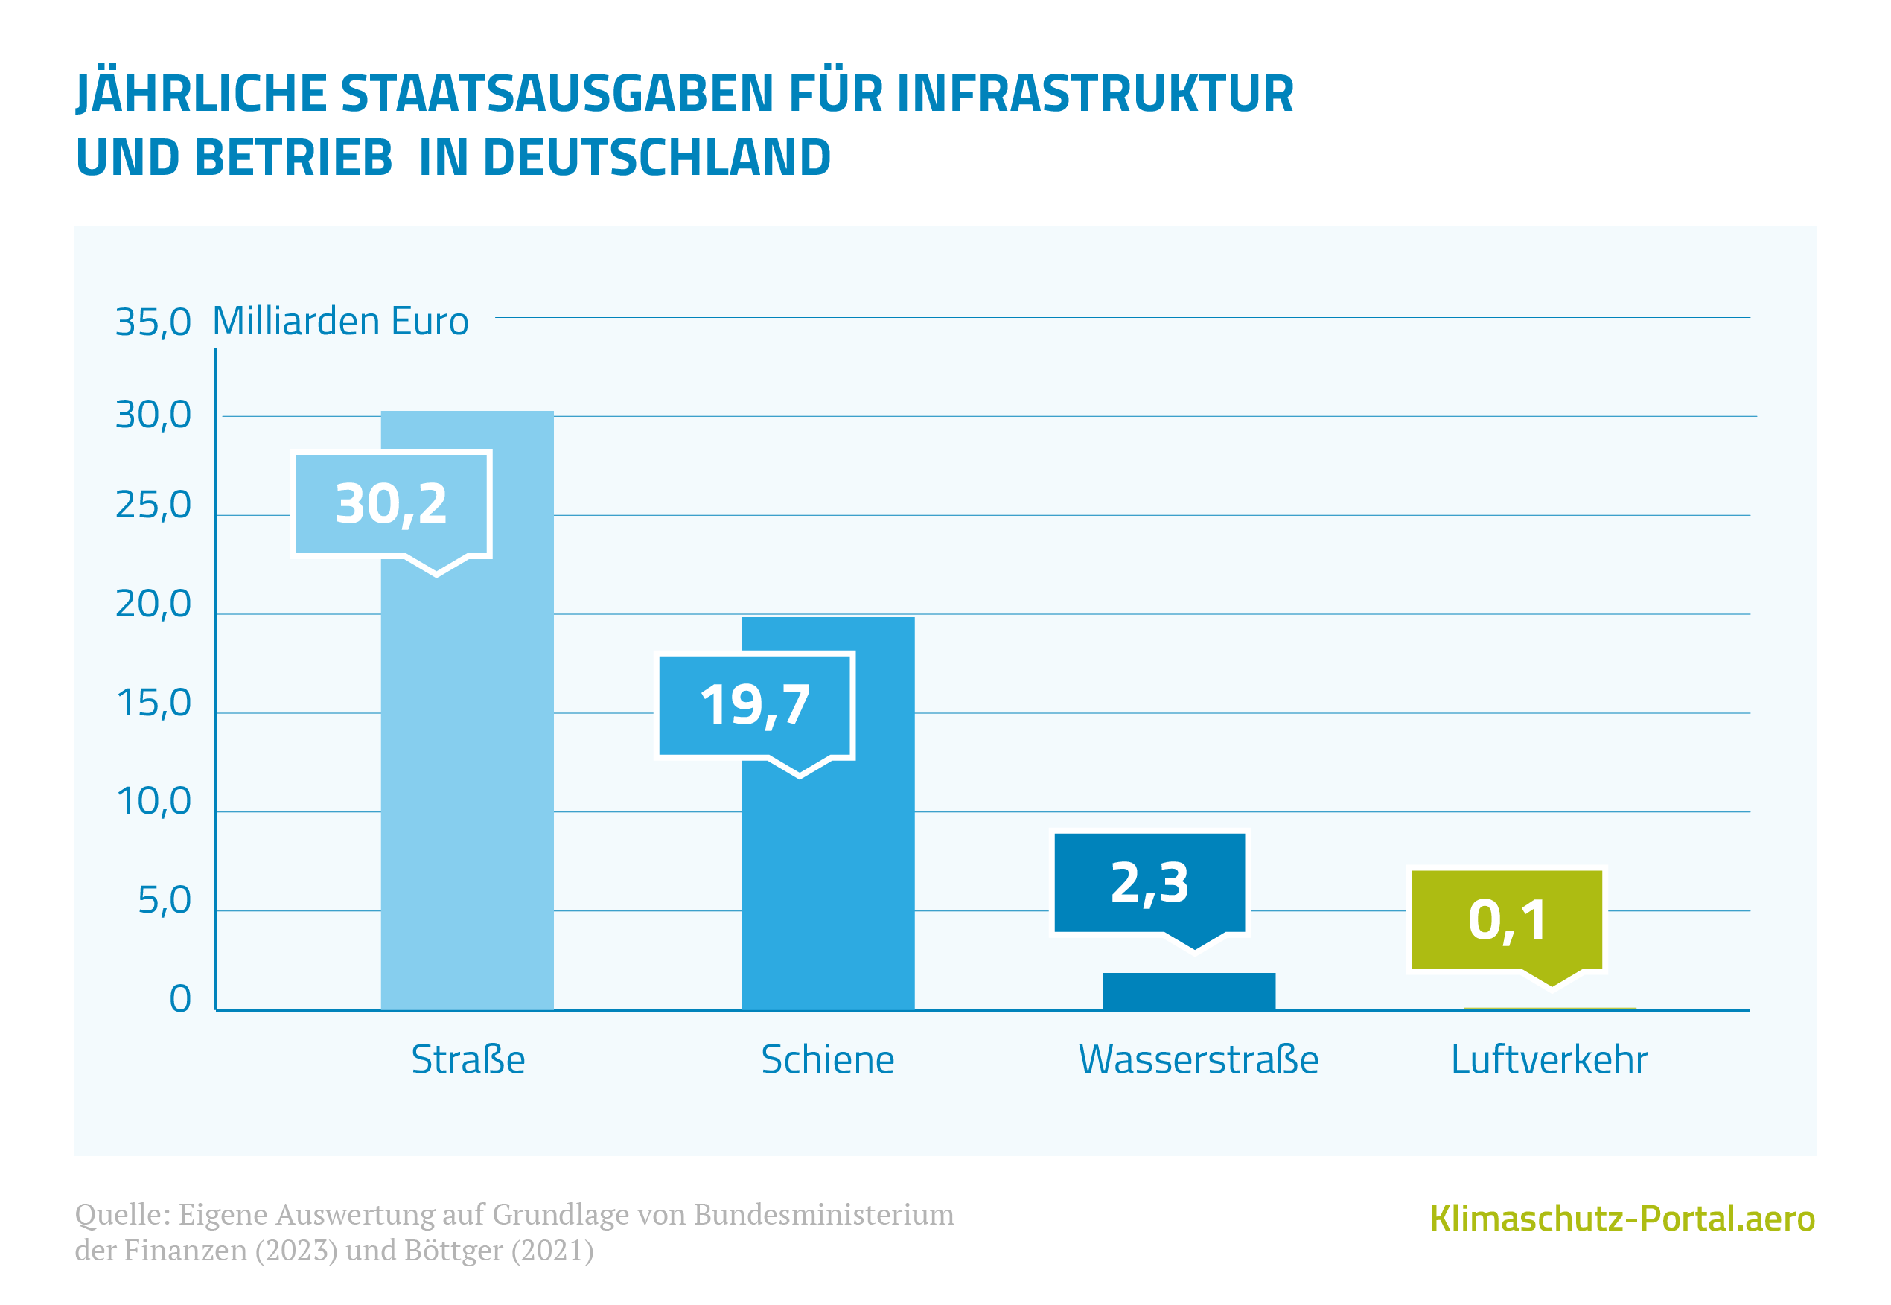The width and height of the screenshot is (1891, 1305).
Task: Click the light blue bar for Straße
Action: pos(467,776)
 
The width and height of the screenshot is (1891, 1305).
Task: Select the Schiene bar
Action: pos(827,883)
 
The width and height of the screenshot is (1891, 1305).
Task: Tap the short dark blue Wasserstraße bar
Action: pos(1188,991)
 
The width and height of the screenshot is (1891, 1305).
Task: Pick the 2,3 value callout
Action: pos(1149,883)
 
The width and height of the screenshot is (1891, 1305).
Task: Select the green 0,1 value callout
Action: pos(1507,920)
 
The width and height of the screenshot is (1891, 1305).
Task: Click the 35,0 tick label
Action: pos(153,322)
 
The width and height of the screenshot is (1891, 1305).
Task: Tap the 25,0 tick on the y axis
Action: pos(153,505)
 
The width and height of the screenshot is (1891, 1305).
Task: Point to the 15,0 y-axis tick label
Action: pos(153,703)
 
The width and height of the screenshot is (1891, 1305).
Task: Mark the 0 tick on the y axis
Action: pos(180,999)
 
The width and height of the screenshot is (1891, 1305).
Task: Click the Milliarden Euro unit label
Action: pos(340,322)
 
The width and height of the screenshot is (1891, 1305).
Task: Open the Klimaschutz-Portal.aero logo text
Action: pos(1622,1219)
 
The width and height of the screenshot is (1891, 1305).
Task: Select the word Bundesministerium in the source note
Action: pos(823,1215)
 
